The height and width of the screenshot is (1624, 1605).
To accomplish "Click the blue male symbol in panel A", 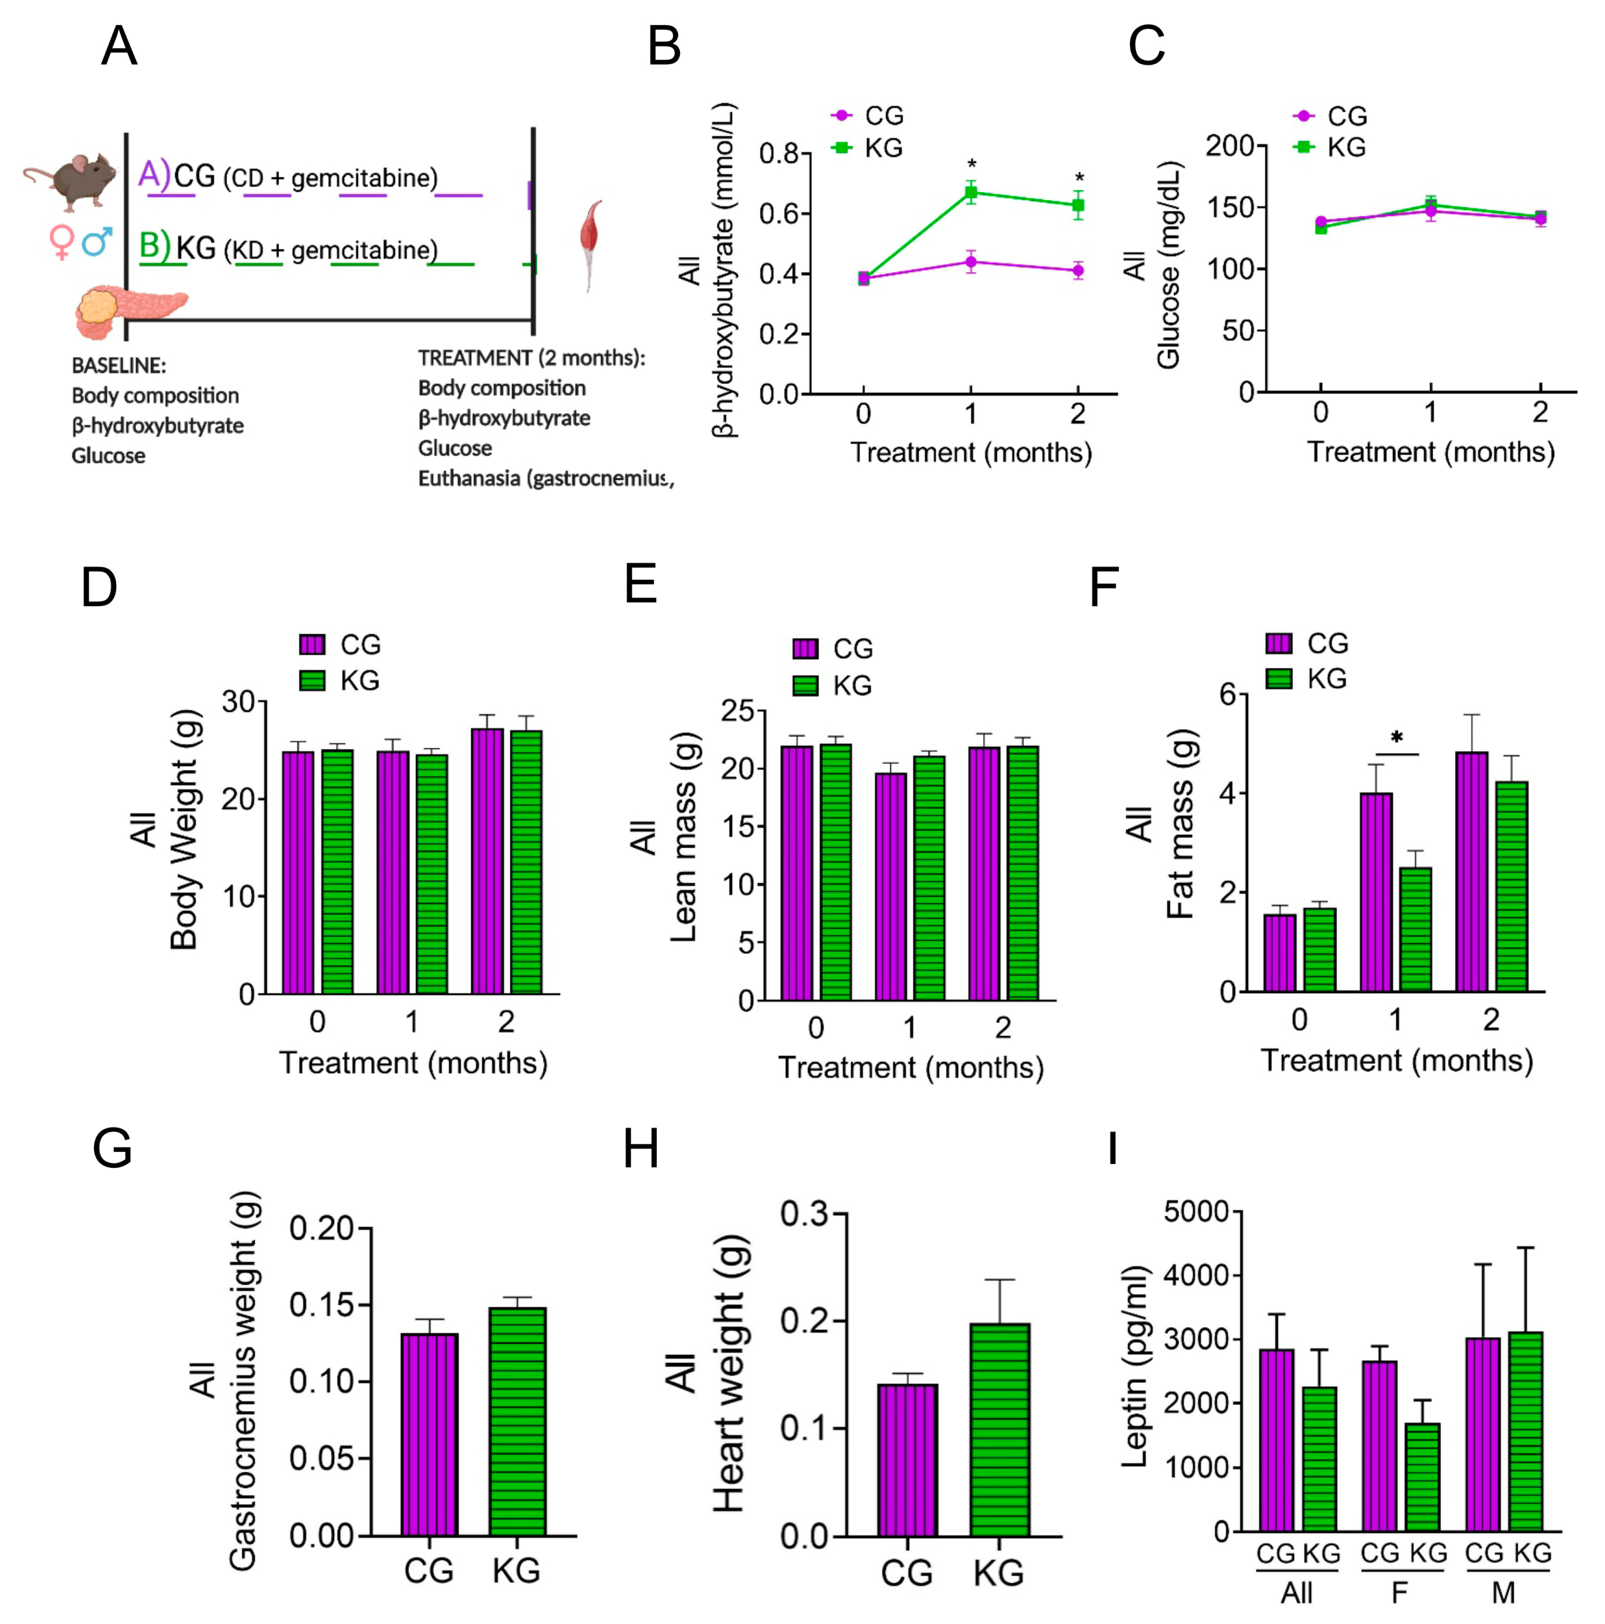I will (97, 241).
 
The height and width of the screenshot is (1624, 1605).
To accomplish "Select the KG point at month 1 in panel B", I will (971, 193).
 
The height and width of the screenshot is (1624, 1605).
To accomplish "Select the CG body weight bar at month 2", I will (487, 862).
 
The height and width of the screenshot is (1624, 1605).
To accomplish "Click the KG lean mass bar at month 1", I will (929, 878).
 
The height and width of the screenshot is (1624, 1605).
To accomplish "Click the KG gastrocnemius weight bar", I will (517, 1421).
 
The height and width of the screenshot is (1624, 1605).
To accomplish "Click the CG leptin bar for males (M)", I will (1482, 1433).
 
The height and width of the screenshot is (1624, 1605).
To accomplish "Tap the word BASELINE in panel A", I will (118, 366).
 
